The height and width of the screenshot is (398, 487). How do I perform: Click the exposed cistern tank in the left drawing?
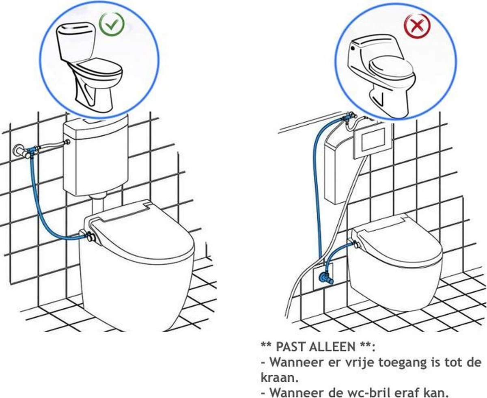click(x=96, y=154)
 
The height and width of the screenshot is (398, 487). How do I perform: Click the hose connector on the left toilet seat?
click(x=87, y=235)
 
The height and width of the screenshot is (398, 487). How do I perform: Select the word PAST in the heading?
click(x=287, y=347)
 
